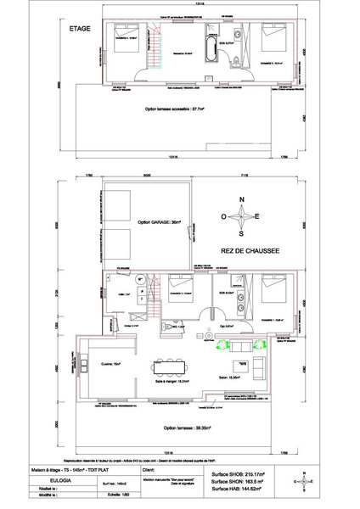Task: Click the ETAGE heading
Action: (x=81, y=29)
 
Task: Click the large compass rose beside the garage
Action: (x=242, y=216)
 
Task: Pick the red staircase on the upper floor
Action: (x=151, y=50)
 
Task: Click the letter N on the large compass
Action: (x=242, y=200)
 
